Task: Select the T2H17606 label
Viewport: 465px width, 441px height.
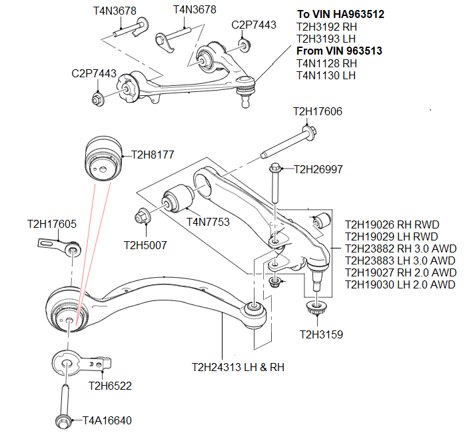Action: [x=317, y=111]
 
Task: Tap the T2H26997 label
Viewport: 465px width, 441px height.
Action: [x=318, y=170]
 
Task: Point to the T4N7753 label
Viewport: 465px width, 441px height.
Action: [x=208, y=222]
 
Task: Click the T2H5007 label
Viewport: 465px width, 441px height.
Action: [x=145, y=245]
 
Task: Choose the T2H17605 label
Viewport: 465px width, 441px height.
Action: [x=52, y=224]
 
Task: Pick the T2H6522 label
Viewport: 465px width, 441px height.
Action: [x=110, y=386]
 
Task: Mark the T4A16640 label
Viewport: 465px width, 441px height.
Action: [x=107, y=420]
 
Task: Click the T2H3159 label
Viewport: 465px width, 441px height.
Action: [x=321, y=334]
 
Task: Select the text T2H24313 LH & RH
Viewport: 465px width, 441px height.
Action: [x=238, y=367]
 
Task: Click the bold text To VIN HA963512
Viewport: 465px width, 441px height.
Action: [x=340, y=14]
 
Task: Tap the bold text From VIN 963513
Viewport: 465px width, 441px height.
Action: [x=339, y=51]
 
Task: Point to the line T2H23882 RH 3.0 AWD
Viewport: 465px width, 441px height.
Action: [x=400, y=248]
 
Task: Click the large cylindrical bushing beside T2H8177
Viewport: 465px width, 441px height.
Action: [x=102, y=159]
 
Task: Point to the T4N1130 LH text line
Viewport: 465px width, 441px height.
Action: [x=326, y=75]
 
